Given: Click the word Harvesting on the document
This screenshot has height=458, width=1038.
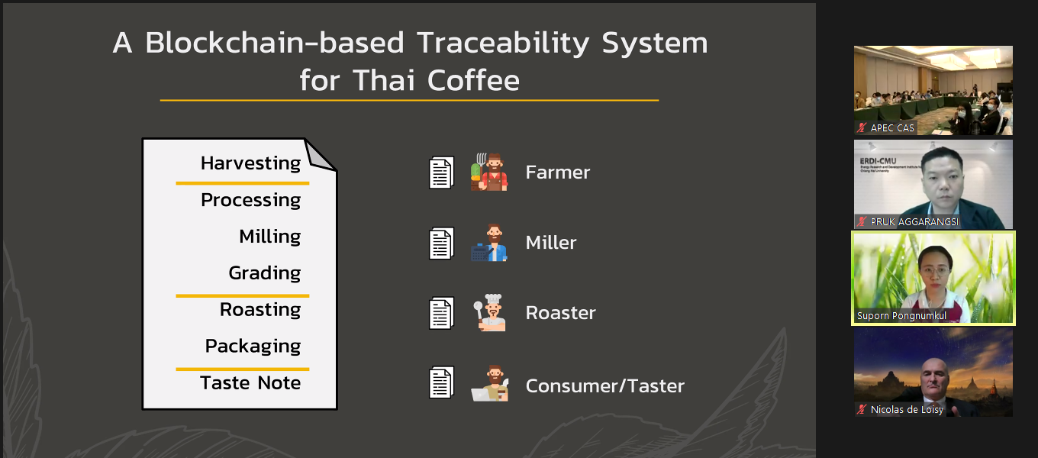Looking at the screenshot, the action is pyautogui.click(x=250, y=163).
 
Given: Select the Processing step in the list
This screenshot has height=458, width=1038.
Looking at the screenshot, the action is pyautogui.click(x=250, y=200).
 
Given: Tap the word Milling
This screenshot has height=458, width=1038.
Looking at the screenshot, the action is pyautogui.click(x=270, y=237).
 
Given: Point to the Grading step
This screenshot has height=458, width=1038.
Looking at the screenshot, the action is pyautogui.click(x=265, y=273).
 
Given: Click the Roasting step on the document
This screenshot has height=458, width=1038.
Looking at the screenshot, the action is pyautogui.click(x=260, y=310).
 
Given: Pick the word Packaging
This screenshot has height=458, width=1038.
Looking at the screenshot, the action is pyautogui.click(x=253, y=347).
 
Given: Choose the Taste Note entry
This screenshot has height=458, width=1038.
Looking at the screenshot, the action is pyautogui.click(x=250, y=383).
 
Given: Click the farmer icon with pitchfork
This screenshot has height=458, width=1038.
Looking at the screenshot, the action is pyautogui.click(x=489, y=172).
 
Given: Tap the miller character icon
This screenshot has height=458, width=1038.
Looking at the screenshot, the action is pyautogui.click(x=489, y=243).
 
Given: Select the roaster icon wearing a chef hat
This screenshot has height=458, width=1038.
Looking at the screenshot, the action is pyautogui.click(x=489, y=312).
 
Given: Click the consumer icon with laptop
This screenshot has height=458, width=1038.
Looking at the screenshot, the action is pyautogui.click(x=490, y=383).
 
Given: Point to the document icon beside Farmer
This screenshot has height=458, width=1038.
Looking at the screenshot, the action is pyautogui.click(x=441, y=173).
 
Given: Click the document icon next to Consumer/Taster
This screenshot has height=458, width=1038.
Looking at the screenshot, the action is pyautogui.click(x=441, y=382).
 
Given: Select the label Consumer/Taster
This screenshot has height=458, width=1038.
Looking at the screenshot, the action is pyautogui.click(x=604, y=386).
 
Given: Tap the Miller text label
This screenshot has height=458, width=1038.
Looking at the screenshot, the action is pyautogui.click(x=551, y=243).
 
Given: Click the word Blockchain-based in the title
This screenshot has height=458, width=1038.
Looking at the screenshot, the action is pyautogui.click(x=275, y=43).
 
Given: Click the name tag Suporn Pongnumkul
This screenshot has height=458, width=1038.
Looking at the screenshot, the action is pyautogui.click(x=902, y=316).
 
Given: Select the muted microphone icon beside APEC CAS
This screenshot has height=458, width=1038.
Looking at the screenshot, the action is pyautogui.click(x=862, y=127).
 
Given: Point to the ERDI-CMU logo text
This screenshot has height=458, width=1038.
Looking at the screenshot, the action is pyautogui.click(x=878, y=161).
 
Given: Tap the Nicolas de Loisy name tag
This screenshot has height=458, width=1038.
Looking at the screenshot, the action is pyautogui.click(x=907, y=409).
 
